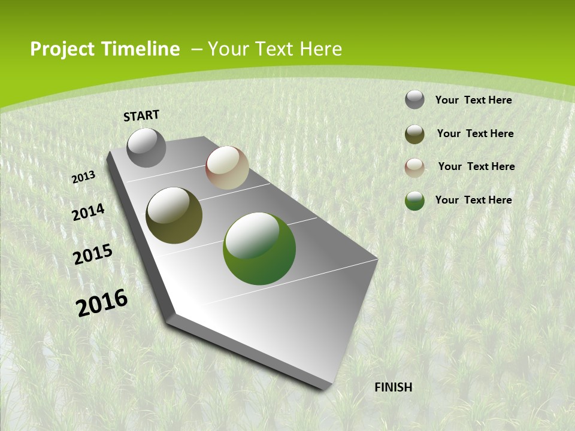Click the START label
click(x=141, y=116)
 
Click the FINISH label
click(x=394, y=387)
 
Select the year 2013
click(x=83, y=177)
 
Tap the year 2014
click(x=88, y=213)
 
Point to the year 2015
click(x=93, y=254)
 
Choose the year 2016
click(x=102, y=303)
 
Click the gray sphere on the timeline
click(x=146, y=148)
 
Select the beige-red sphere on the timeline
click(x=227, y=168)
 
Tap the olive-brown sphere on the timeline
click(x=174, y=215)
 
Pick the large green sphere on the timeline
click(x=259, y=248)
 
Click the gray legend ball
click(x=414, y=100)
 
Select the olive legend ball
click(x=414, y=134)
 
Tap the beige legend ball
click(x=414, y=168)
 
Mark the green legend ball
click(x=414, y=201)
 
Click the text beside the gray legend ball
click(x=473, y=100)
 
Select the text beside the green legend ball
click(x=473, y=200)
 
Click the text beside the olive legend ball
click(x=475, y=133)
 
